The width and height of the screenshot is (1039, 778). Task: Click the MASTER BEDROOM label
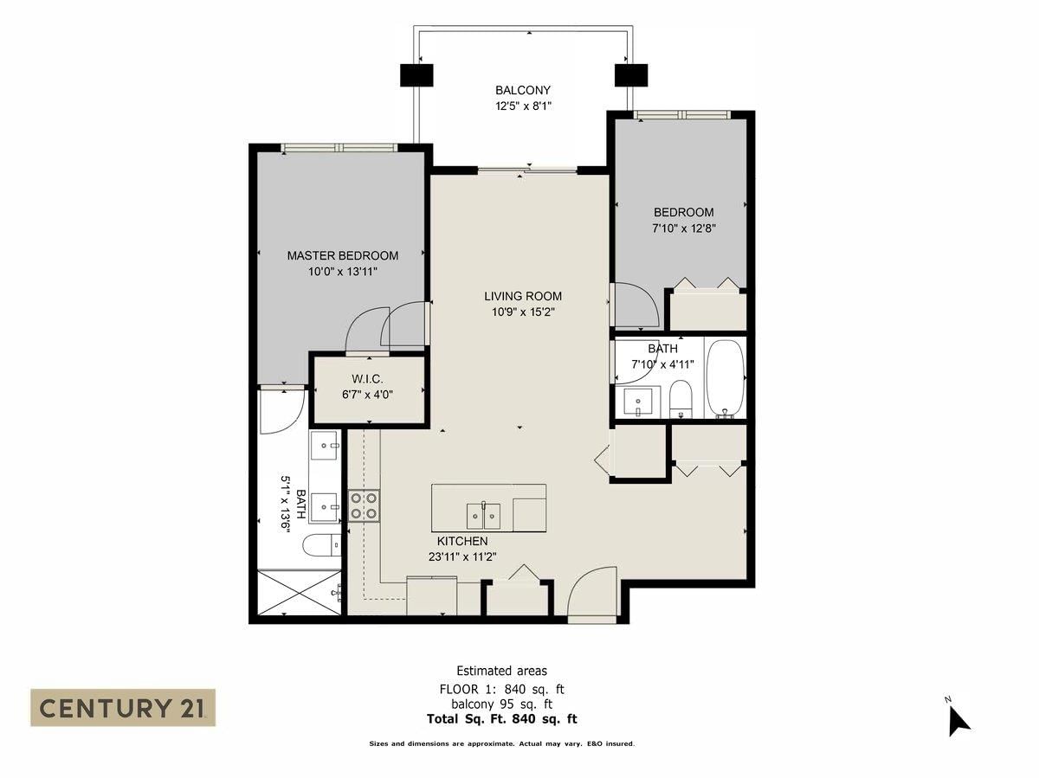(343, 256)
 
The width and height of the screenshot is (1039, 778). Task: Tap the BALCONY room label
(523, 90)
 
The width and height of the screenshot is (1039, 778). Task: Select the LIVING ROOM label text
(523, 297)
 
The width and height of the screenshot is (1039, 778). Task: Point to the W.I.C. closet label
(367, 379)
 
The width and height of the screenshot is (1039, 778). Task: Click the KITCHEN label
(462, 541)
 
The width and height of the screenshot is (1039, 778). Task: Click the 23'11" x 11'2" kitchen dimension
(462, 557)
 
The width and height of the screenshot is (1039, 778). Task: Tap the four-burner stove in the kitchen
(364, 505)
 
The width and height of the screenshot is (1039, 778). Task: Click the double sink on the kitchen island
(483, 516)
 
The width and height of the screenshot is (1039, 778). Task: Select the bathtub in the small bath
(726, 379)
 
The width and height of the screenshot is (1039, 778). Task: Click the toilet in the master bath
(321, 546)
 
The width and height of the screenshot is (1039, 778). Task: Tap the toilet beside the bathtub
(681, 398)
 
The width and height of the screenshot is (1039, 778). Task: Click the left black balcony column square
(416, 75)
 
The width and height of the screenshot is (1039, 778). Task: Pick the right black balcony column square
(631, 75)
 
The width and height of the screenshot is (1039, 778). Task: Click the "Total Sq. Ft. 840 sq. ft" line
(501, 719)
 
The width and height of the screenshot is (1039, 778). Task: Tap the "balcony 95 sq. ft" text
(501, 704)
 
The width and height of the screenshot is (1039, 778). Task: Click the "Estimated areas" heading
(501, 671)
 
